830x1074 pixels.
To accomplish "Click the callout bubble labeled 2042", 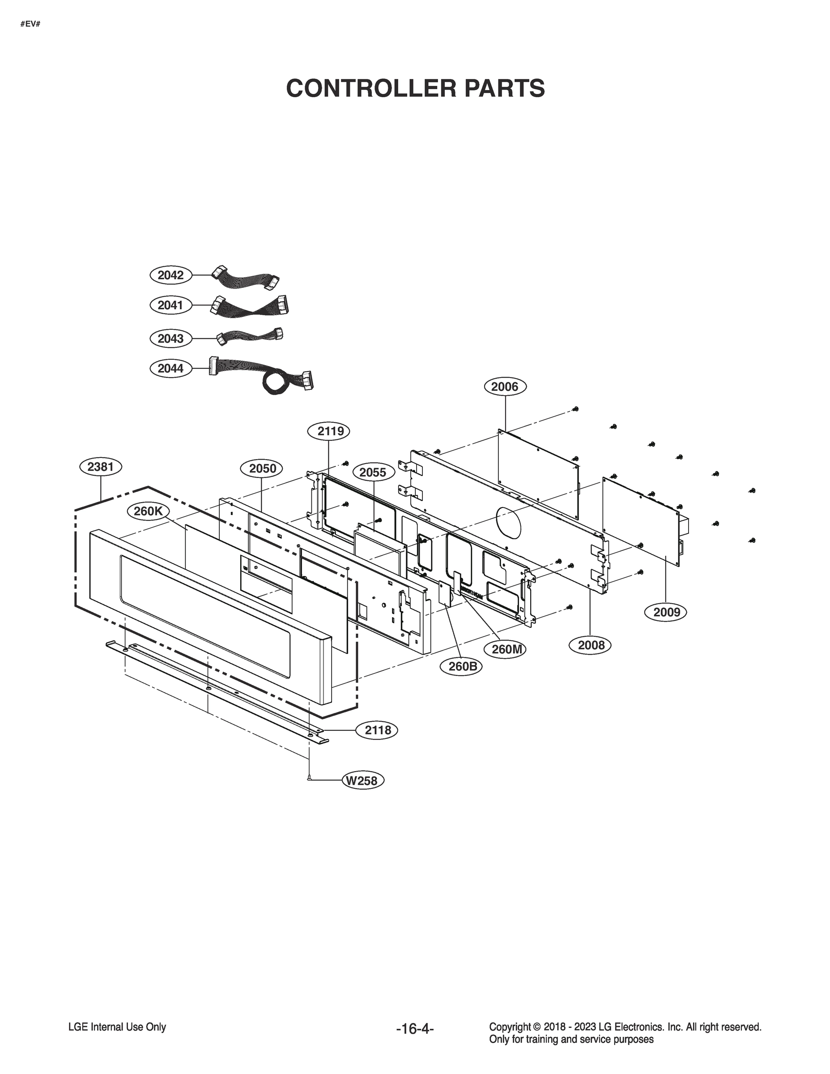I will tap(170, 275).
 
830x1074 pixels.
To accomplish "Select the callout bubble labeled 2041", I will tap(170, 305).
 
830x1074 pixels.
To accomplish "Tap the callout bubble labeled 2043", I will tap(170, 338).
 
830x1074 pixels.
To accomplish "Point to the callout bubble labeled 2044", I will tap(170, 368).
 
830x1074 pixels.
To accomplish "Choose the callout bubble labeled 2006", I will tap(505, 387).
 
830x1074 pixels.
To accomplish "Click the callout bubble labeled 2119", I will tap(328, 431).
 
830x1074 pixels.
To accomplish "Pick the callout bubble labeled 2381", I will tap(100, 467).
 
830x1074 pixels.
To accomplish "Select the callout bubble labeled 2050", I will tap(262, 468).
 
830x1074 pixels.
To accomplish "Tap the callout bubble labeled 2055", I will tap(372, 473).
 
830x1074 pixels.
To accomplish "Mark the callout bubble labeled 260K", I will tap(148, 511).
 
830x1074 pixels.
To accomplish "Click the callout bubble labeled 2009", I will tap(666, 612).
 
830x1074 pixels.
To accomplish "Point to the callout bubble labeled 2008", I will tap(591, 645).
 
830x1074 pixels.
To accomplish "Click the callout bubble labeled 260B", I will tap(462, 666).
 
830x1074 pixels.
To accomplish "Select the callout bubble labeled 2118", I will tap(378, 730).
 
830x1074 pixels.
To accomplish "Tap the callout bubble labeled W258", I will tap(363, 780).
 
